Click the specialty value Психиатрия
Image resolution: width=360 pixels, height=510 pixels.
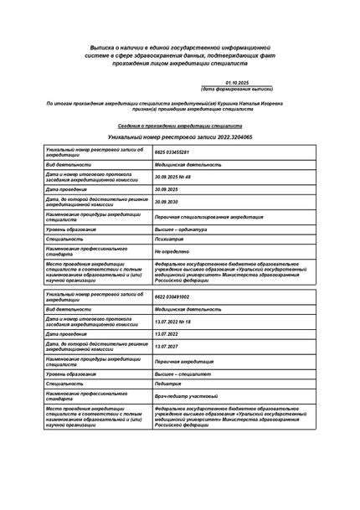pyautogui.click(x=170, y=239)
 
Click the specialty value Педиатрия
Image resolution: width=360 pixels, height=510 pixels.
pyautogui.click(x=169, y=383)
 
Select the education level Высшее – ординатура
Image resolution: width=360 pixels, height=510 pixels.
pyautogui.click(x=181, y=229)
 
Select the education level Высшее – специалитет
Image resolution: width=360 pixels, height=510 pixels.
pyautogui.click(x=183, y=373)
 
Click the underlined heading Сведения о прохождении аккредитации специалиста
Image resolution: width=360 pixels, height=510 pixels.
pyautogui.click(x=179, y=124)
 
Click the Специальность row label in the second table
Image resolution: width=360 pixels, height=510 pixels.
pyautogui.click(x=64, y=383)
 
